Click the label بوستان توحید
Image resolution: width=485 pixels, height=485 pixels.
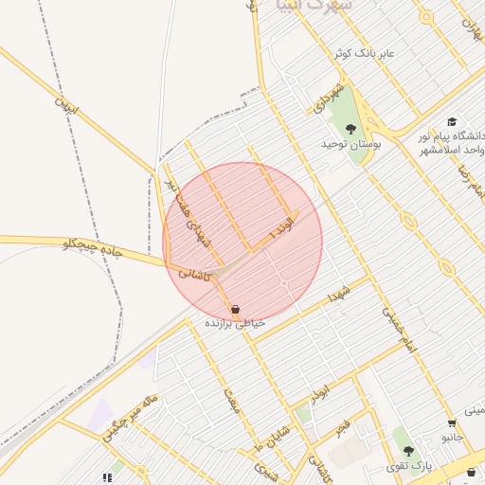(351, 145)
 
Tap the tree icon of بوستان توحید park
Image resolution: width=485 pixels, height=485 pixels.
(351, 129)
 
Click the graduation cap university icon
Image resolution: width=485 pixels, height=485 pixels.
(452, 122)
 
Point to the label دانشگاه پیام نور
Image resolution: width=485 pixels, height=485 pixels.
(453, 137)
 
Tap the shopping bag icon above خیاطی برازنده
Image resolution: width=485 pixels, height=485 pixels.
(235, 309)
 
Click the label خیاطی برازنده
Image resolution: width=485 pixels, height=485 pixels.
(235, 323)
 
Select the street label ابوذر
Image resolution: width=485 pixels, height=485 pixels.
(320, 390)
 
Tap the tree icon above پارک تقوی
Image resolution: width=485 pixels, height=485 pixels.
(408, 451)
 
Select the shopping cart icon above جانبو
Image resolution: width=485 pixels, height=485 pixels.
(452, 423)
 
